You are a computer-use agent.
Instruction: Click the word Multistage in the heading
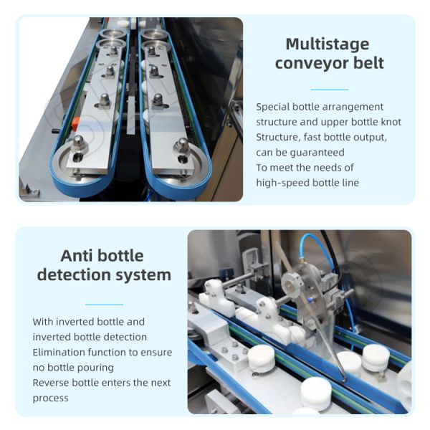tap(328, 44)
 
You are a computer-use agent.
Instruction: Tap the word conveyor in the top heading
tap(312, 64)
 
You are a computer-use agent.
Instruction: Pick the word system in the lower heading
tap(143, 276)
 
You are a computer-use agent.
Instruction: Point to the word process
tap(50, 398)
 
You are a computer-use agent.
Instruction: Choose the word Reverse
tap(51, 383)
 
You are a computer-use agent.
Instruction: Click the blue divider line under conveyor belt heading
tap(330, 90)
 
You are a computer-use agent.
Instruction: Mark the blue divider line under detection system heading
tap(104, 304)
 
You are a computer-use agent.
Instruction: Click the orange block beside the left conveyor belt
tap(75, 123)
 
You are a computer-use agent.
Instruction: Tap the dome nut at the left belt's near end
tap(78, 143)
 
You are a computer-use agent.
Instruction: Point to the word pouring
tap(96, 368)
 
